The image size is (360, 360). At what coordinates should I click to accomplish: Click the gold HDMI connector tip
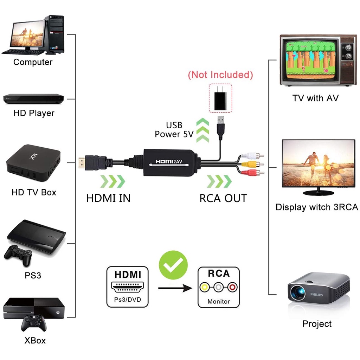tap(82, 162)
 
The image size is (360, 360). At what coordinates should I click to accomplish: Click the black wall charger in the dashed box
tap(220, 98)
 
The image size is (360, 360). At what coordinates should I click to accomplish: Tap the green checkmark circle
tap(173, 265)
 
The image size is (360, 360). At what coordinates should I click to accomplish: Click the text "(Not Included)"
tap(220, 75)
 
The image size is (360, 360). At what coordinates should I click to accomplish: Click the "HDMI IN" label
tap(108, 198)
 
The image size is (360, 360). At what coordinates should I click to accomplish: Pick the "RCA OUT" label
tap(223, 198)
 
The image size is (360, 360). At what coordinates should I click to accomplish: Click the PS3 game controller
tap(18, 253)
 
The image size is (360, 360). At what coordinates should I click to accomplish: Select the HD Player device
tap(33, 99)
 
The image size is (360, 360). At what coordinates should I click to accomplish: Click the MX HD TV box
tap(33, 162)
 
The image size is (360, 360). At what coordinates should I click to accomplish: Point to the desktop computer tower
tap(55, 34)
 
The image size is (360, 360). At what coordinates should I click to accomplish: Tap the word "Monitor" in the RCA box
tap(218, 301)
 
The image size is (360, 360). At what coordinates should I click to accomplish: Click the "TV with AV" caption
tap(315, 98)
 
